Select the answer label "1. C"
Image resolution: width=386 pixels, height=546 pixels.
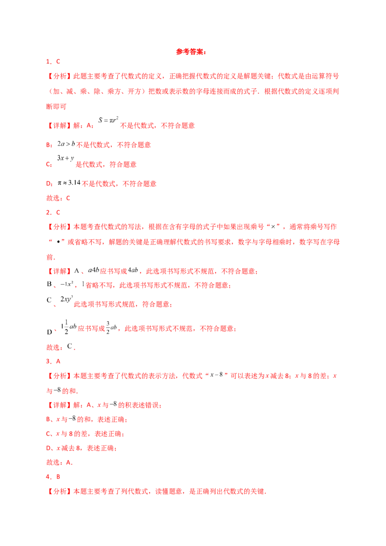(53, 62)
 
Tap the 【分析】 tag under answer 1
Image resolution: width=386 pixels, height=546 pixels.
(58, 76)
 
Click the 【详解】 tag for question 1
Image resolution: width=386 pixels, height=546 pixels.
(58, 125)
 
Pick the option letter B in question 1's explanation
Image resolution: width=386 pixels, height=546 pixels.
(48, 145)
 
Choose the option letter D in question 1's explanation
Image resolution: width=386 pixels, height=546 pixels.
(48, 184)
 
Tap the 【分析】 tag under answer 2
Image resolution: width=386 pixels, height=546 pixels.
(58, 226)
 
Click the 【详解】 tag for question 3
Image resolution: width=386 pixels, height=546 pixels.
(58, 406)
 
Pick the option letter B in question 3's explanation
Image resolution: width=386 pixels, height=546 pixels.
(48, 420)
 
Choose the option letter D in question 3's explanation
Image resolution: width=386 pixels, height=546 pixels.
(48, 448)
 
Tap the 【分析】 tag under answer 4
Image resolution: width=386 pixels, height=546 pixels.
(58, 492)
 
